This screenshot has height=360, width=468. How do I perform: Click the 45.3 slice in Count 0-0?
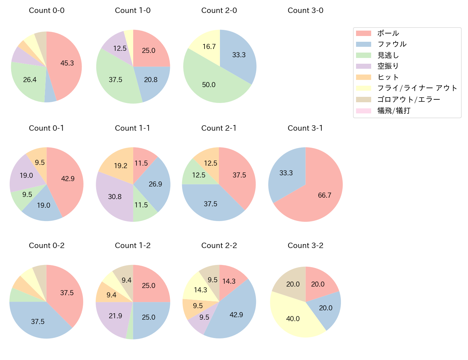coord(67,63)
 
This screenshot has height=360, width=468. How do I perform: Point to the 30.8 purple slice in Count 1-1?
coord(115,196)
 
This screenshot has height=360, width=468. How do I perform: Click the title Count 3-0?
coord(305,10)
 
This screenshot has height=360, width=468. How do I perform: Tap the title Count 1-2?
coord(132,246)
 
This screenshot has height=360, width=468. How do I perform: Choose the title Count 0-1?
coord(46,128)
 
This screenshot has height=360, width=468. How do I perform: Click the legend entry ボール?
coord(388,33)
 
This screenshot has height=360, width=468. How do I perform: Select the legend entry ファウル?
coord(392,44)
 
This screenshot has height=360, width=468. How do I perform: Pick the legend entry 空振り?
coord(388,66)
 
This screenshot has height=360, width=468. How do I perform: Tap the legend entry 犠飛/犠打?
coord(394,111)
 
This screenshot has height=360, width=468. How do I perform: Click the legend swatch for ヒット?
coord(363,77)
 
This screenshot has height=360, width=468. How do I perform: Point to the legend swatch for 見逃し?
coord(363,55)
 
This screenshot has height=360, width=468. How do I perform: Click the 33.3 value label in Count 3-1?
coord(286,173)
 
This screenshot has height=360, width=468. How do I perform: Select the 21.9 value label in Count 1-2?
coord(116,316)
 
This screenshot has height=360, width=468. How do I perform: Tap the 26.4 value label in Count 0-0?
coord(30,80)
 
